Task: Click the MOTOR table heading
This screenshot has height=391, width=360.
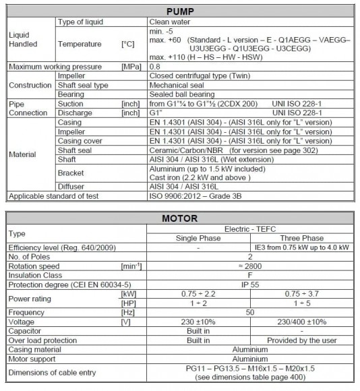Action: coord(180,218)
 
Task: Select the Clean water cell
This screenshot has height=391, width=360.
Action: coord(169,22)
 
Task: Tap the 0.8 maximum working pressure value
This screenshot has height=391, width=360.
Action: coord(154,67)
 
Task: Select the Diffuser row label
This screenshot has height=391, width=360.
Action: coord(71,187)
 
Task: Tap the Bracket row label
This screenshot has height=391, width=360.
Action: coord(71,173)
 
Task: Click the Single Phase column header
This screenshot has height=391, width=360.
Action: coord(198,238)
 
